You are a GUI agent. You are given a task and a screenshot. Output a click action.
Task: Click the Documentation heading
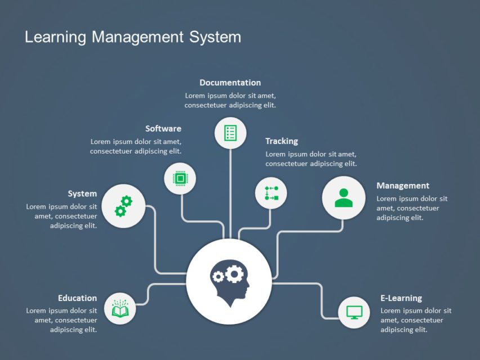[x=230, y=83]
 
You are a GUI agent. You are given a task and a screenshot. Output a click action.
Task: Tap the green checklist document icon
[x=231, y=133]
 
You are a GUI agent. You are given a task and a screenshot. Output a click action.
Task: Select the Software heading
[x=163, y=129]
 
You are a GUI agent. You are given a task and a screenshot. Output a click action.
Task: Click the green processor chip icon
[x=180, y=179]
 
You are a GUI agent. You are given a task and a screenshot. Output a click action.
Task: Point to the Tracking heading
[x=281, y=141]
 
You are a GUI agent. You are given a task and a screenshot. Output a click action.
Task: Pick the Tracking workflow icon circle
[x=271, y=193]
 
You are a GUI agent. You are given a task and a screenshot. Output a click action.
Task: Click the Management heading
[x=403, y=186]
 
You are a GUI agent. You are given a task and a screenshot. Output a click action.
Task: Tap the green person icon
[x=343, y=198]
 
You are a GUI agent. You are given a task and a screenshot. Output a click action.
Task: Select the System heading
[x=82, y=194]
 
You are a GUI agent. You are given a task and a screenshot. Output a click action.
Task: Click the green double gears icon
[x=123, y=206]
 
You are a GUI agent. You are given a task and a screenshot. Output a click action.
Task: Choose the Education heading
[x=77, y=298]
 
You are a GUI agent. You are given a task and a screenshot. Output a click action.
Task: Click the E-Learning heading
[x=401, y=298]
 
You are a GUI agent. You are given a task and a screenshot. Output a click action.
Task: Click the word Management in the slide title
[x=138, y=38]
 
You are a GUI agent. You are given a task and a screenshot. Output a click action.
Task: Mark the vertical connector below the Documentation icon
[x=231, y=191]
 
